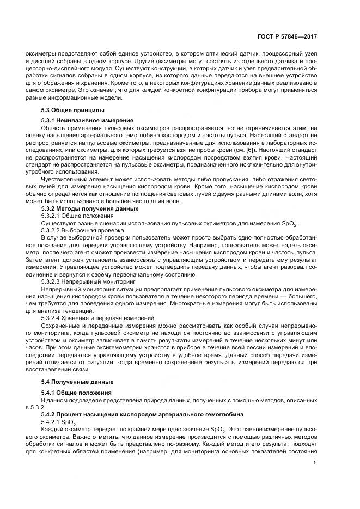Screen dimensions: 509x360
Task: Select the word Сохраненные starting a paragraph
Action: pyautogui.click(x=60, y=325)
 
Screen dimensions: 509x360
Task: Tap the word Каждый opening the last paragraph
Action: pyautogui.click(x=52, y=430)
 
